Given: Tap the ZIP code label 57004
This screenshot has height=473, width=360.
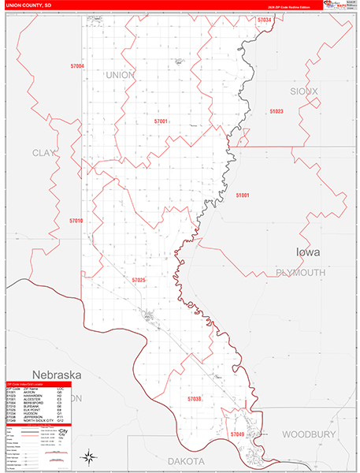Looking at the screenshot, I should (x=77, y=67).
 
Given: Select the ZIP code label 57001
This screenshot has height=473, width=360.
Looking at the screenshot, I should (x=161, y=121).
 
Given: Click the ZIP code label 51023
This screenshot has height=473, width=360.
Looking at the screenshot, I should (x=276, y=112).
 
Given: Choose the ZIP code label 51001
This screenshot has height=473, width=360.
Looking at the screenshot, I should (x=243, y=195).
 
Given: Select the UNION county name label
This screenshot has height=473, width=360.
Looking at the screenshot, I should (x=120, y=75).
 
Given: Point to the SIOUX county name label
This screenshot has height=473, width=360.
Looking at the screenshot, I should (x=304, y=91).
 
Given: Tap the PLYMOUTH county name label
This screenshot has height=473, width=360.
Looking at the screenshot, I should (x=300, y=273).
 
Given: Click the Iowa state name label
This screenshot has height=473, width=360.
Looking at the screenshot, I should (x=308, y=252).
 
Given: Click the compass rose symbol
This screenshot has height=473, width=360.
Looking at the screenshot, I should (x=90, y=456).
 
